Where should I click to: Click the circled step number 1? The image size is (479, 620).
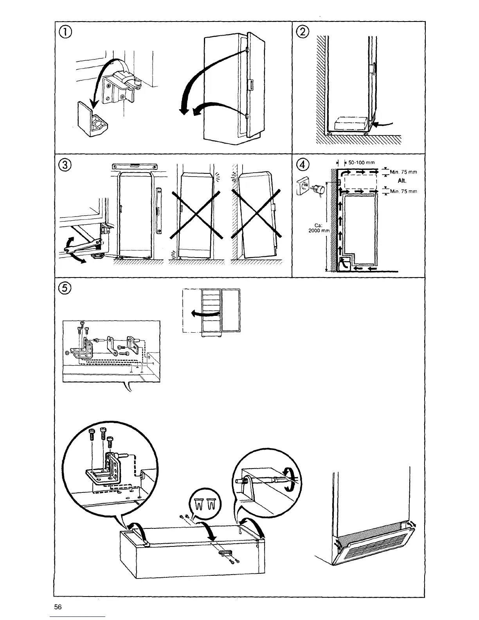coord(66,34)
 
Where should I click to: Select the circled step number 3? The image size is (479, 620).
coord(66,165)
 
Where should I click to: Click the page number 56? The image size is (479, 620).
coord(58,607)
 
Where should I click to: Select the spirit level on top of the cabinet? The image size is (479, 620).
coord(133,166)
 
